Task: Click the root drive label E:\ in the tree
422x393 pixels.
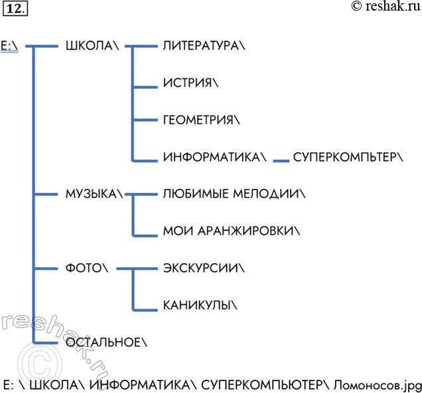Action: coord(9,46)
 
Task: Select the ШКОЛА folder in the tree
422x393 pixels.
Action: coord(92,46)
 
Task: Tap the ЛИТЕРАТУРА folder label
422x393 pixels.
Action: coord(204,46)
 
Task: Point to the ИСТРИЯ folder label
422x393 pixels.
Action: coord(191,83)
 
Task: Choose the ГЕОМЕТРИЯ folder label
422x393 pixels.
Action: coord(201,119)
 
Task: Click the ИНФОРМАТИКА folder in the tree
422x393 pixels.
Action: coord(215,157)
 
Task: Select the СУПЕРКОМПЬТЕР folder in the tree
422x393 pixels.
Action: coord(348,157)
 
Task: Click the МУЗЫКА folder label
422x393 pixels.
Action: coord(94,194)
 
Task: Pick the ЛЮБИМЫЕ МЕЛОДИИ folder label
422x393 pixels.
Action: coord(234,194)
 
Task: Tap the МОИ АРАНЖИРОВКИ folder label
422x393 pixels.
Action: coord(232,231)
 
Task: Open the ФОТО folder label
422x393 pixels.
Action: coord(87,268)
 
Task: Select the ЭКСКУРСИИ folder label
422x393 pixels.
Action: coord(204,268)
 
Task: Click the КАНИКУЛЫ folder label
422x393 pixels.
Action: coord(200,305)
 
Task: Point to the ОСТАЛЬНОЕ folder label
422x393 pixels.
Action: coord(106,342)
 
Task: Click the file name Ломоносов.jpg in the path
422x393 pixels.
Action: coord(378,385)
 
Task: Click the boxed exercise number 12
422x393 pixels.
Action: coord(15,9)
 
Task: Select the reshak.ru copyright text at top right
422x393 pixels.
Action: coord(386,6)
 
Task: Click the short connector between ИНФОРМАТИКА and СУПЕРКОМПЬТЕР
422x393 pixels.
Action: coord(281,161)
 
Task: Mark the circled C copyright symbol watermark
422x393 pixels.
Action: coord(40,365)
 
